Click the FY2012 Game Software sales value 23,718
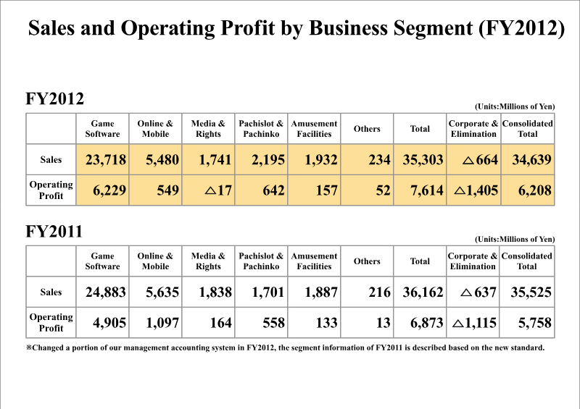[x=106, y=160]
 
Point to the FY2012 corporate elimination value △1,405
[x=476, y=190]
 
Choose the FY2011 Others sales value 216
[x=379, y=292]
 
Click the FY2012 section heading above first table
[x=54, y=99]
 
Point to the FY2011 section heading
[x=54, y=232]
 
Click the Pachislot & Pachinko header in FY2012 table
[x=261, y=129]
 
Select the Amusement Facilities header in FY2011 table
[x=314, y=261]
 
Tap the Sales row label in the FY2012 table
[x=51, y=159]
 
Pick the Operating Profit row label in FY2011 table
[x=51, y=322]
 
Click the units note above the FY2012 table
[x=515, y=106]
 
